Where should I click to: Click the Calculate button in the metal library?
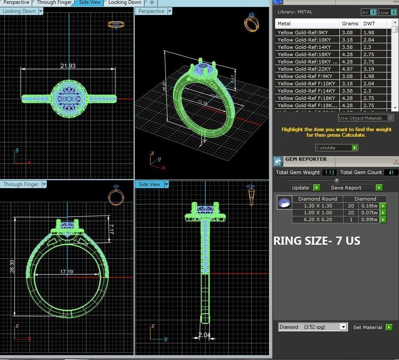click(x=336, y=147)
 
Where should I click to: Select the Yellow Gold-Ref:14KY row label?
click(x=304, y=47)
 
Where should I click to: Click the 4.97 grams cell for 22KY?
click(x=348, y=69)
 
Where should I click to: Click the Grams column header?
click(x=350, y=24)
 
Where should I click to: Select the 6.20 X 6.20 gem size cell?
click(x=318, y=219)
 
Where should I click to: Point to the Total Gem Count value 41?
click(x=390, y=172)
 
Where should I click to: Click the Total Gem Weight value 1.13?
click(x=329, y=172)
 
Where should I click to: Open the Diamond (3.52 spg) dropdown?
click(x=343, y=327)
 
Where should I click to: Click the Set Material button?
click(x=372, y=327)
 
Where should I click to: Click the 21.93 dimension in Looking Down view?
click(x=68, y=66)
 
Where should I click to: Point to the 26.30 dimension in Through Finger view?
click(x=12, y=266)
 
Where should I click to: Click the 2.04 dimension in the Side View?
click(x=204, y=335)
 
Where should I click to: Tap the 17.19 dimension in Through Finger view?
click(x=66, y=272)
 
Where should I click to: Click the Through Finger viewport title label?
click(x=21, y=184)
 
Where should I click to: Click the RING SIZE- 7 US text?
click(x=317, y=241)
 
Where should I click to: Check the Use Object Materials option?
click(x=390, y=117)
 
